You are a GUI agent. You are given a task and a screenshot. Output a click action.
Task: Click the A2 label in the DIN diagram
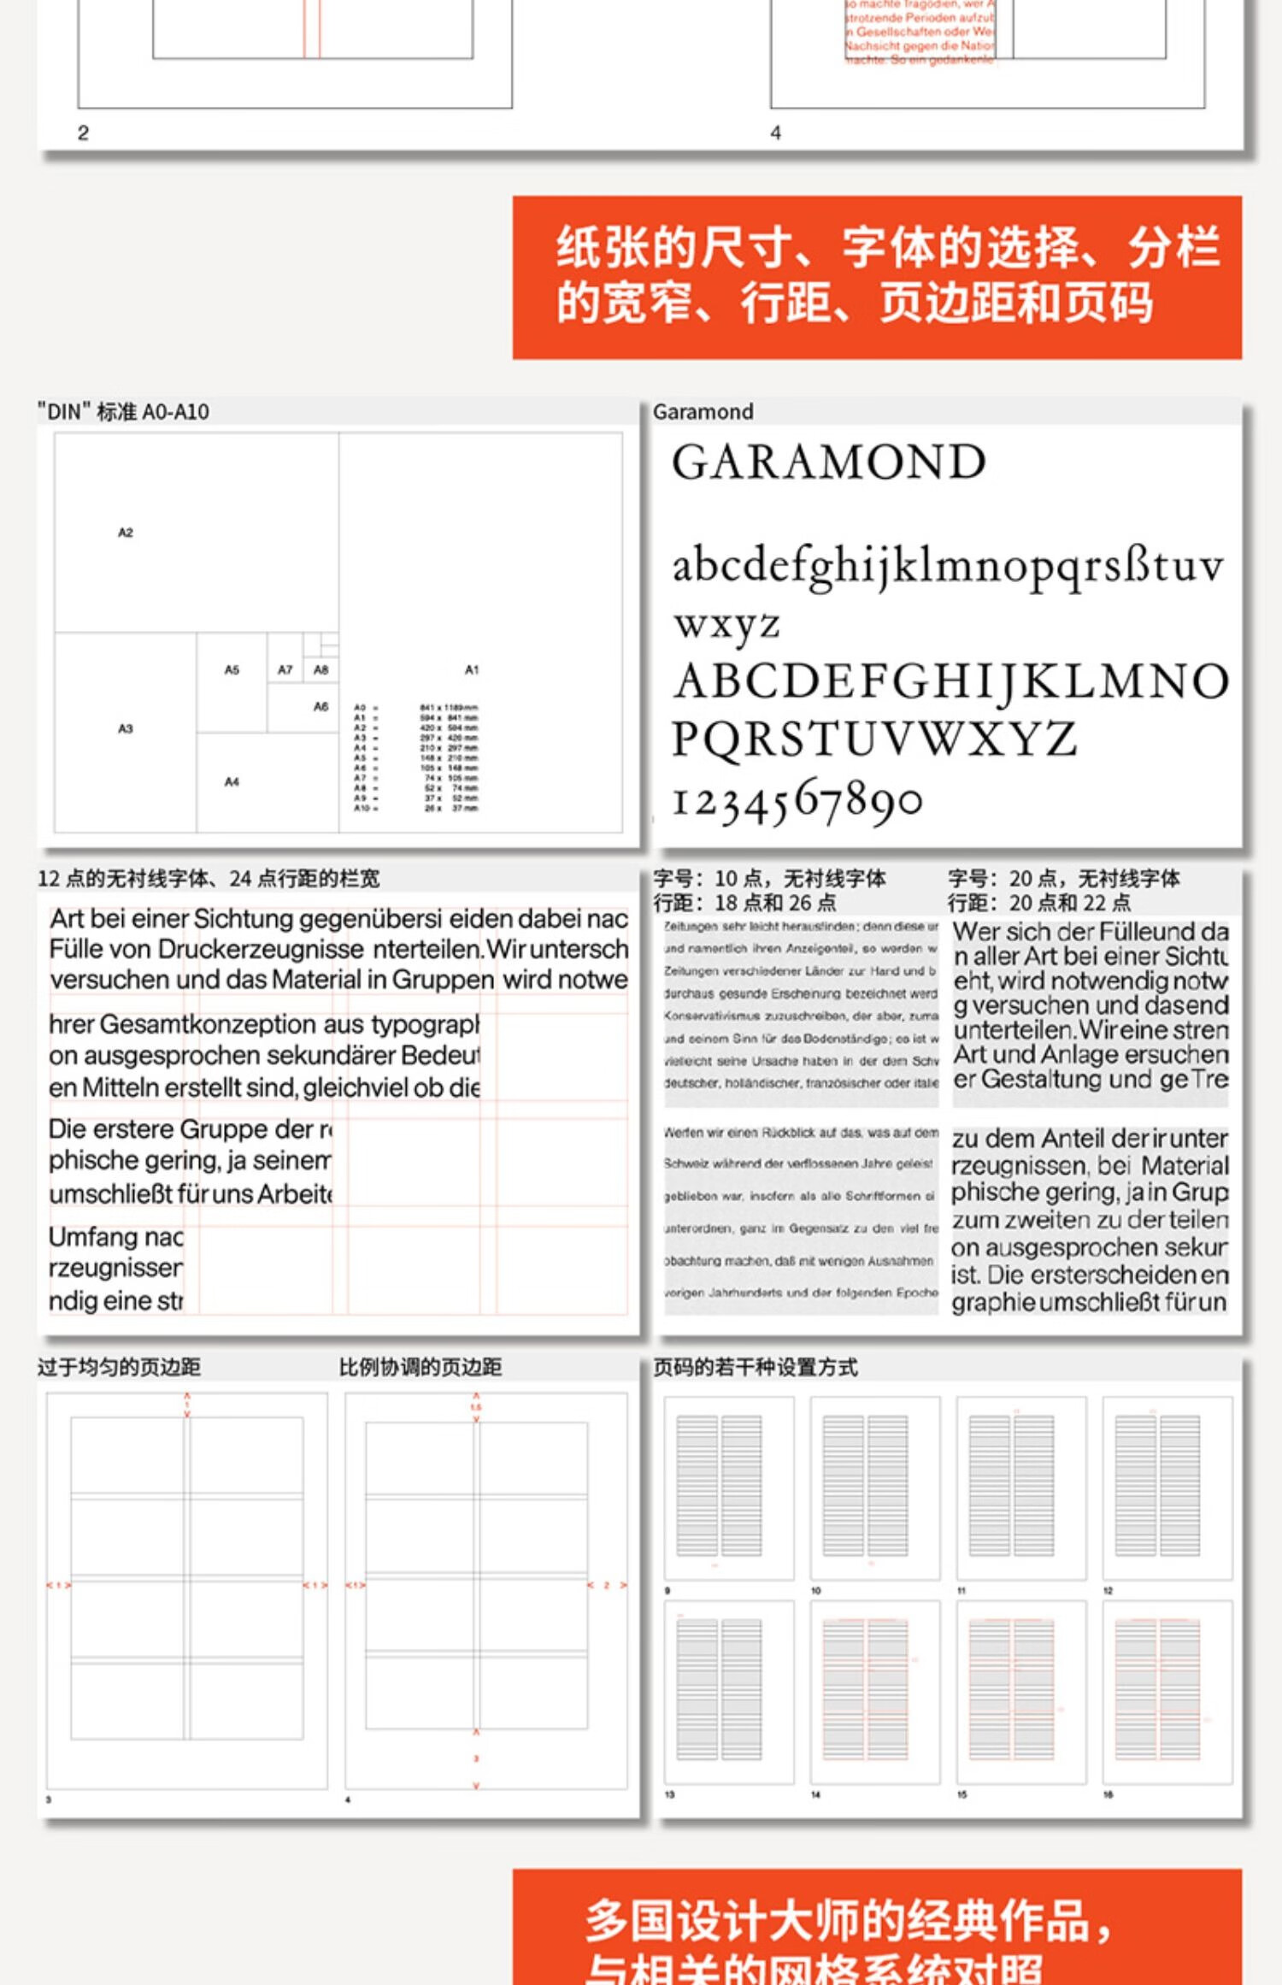point(126,533)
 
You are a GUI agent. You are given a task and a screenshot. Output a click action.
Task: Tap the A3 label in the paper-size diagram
point(126,728)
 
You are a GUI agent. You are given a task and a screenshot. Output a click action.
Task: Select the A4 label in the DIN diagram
point(232,781)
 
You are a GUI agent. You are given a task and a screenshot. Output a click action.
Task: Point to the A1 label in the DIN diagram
point(472,669)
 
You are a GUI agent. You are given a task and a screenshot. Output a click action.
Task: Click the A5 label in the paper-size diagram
point(232,669)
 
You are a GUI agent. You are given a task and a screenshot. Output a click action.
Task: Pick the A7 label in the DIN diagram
point(285,669)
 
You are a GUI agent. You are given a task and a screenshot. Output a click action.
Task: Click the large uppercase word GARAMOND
point(828,462)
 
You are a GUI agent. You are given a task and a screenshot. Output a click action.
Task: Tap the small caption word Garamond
point(703,412)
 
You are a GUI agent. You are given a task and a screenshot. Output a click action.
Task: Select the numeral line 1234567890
point(797,801)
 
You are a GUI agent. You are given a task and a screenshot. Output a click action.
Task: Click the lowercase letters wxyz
point(726,624)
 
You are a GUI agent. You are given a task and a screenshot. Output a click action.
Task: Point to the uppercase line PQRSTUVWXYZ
point(873,739)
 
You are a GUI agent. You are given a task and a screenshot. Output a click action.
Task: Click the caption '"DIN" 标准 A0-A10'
point(124,412)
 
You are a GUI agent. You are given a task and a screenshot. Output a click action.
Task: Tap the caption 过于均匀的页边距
point(119,1367)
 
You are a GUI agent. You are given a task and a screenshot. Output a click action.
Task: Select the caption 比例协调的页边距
point(420,1367)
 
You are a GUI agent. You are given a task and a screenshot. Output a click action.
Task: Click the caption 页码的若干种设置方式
point(755,1367)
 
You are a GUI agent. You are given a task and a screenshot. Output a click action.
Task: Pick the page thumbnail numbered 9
point(729,1487)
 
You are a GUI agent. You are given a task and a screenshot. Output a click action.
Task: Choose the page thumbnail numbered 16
point(1167,1691)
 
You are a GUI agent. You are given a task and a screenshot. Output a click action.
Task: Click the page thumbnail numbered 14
point(875,1691)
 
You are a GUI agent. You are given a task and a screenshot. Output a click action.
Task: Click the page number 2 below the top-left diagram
point(83,133)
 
